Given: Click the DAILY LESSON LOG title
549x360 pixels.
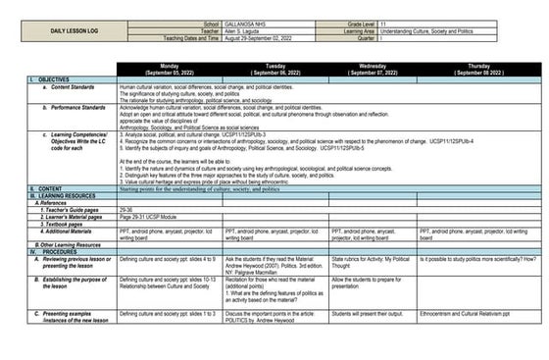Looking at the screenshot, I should (x=76, y=30).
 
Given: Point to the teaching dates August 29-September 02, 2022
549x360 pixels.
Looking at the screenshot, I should (x=258, y=37).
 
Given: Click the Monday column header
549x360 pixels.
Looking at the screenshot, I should (x=169, y=69).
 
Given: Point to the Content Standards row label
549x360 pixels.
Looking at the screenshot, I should (x=69, y=86).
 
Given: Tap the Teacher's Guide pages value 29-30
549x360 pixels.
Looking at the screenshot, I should (x=126, y=210).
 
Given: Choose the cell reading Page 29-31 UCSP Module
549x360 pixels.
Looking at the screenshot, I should (x=151, y=217).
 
